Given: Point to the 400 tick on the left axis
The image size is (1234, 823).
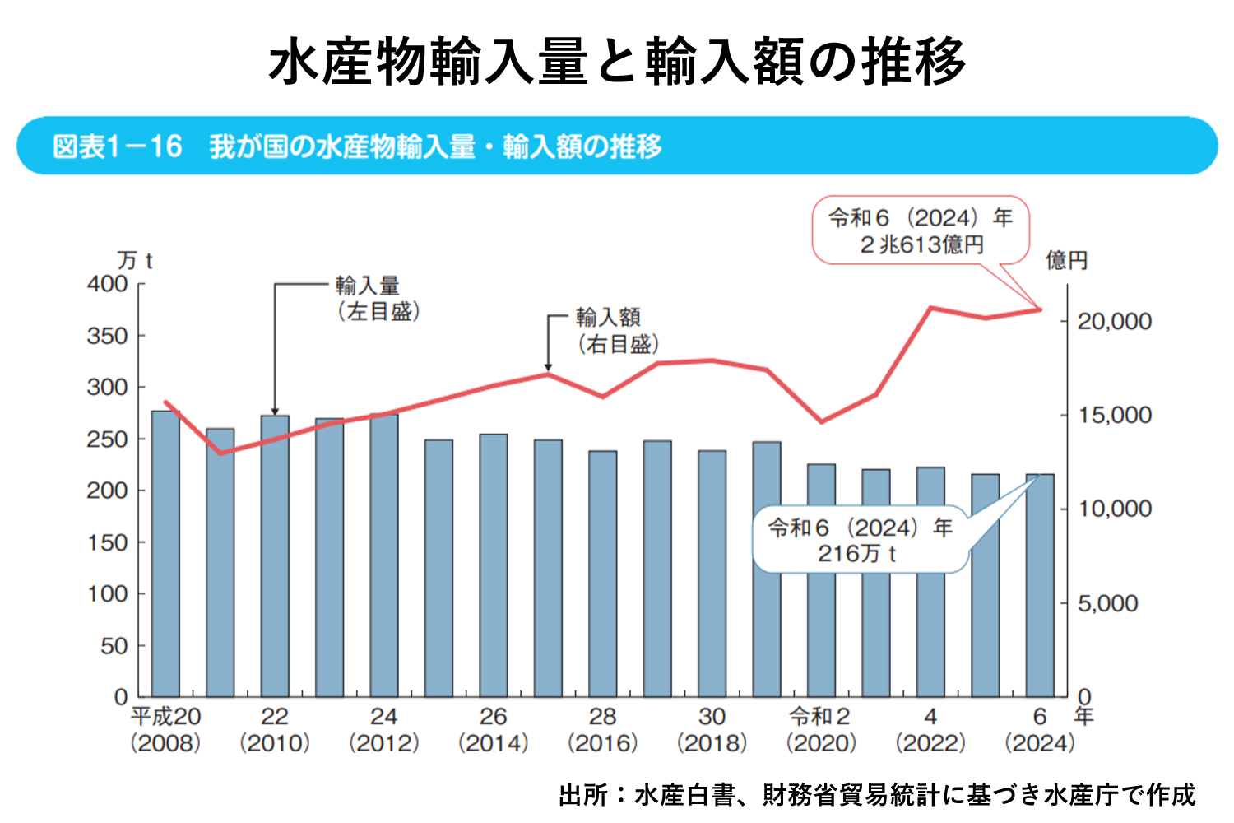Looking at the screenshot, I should tap(108, 284).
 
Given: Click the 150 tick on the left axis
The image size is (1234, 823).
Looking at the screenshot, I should tap(108, 542).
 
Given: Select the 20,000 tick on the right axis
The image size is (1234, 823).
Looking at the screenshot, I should tap(1114, 321).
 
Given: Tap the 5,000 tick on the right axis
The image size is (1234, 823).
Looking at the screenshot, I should tap(1107, 603).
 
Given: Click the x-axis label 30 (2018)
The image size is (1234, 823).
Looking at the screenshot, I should tap(712, 730).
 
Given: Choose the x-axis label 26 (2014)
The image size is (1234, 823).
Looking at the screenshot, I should tap(493, 730).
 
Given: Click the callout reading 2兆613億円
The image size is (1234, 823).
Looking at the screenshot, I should tap(921, 230).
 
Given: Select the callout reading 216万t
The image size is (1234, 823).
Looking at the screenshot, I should tap(860, 540).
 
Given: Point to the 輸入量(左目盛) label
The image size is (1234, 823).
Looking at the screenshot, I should tap(377, 299).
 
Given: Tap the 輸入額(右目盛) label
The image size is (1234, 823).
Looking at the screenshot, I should tap(617, 330).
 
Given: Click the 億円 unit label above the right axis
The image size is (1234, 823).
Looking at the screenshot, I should tap(1066, 261).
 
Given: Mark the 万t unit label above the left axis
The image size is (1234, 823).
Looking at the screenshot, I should tap(135, 261).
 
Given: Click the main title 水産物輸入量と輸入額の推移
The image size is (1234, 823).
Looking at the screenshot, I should tap(617, 62).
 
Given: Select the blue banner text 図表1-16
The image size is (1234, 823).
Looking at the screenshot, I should tap(118, 146).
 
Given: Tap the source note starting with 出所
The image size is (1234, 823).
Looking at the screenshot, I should tap(877, 794).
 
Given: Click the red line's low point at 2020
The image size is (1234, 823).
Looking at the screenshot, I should tap(821, 422).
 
